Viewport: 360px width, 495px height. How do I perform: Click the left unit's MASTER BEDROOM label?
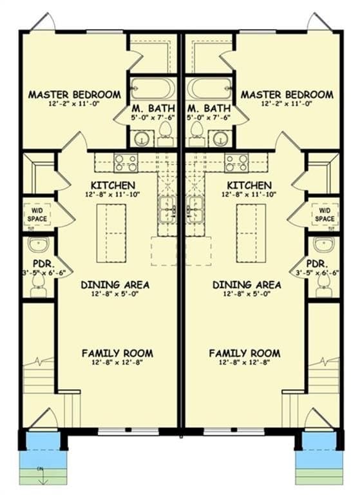75,94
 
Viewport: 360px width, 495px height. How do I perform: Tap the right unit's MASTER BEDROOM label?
287,94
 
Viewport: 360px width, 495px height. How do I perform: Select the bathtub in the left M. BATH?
153,88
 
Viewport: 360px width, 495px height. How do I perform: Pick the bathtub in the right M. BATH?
209,88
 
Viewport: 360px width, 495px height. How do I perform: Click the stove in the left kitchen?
126,163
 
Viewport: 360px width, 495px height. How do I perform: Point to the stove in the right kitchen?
236,163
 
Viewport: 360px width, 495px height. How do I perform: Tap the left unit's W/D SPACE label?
37,215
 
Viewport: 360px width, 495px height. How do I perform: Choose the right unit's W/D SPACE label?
325,215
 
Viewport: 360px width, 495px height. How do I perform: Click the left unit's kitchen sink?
167,209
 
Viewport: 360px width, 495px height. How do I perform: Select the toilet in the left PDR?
39,286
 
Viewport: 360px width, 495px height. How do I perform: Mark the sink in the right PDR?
323,244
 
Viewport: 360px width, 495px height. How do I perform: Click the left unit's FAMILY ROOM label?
117,353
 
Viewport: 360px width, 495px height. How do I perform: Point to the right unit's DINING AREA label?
247,285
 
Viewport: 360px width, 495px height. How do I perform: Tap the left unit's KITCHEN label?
113,185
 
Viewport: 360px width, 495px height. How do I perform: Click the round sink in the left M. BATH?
142,139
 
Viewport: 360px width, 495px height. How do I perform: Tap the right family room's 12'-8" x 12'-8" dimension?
245,363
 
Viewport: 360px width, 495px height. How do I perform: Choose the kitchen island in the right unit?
251,233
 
